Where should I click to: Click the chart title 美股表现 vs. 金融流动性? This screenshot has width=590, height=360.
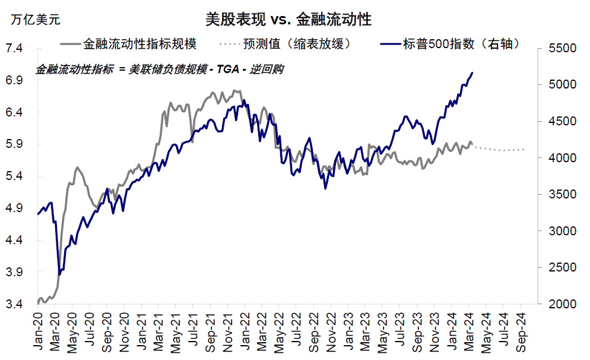point(288,19)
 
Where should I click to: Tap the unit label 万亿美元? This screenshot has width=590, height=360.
point(36,19)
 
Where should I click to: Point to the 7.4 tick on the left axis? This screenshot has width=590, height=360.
point(14,48)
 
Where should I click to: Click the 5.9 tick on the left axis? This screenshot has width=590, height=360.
point(14,144)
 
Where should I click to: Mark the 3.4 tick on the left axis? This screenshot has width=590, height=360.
point(14,304)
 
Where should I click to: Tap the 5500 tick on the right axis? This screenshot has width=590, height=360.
point(562,48)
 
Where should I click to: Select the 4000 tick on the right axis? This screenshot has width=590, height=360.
point(562,158)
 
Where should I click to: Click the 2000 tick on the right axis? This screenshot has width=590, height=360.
point(562,304)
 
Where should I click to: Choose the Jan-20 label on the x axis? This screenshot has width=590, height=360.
point(38,331)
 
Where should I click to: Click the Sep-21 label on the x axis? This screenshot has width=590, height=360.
point(210,332)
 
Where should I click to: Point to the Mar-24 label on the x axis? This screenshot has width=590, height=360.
point(469,331)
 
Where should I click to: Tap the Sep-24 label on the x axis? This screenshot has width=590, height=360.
point(521,332)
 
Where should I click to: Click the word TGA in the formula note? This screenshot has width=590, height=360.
point(228,70)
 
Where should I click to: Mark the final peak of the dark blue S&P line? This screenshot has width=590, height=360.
point(472,72)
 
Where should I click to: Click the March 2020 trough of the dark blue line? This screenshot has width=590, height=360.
point(60,274)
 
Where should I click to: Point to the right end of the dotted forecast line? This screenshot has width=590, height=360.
point(524,150)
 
